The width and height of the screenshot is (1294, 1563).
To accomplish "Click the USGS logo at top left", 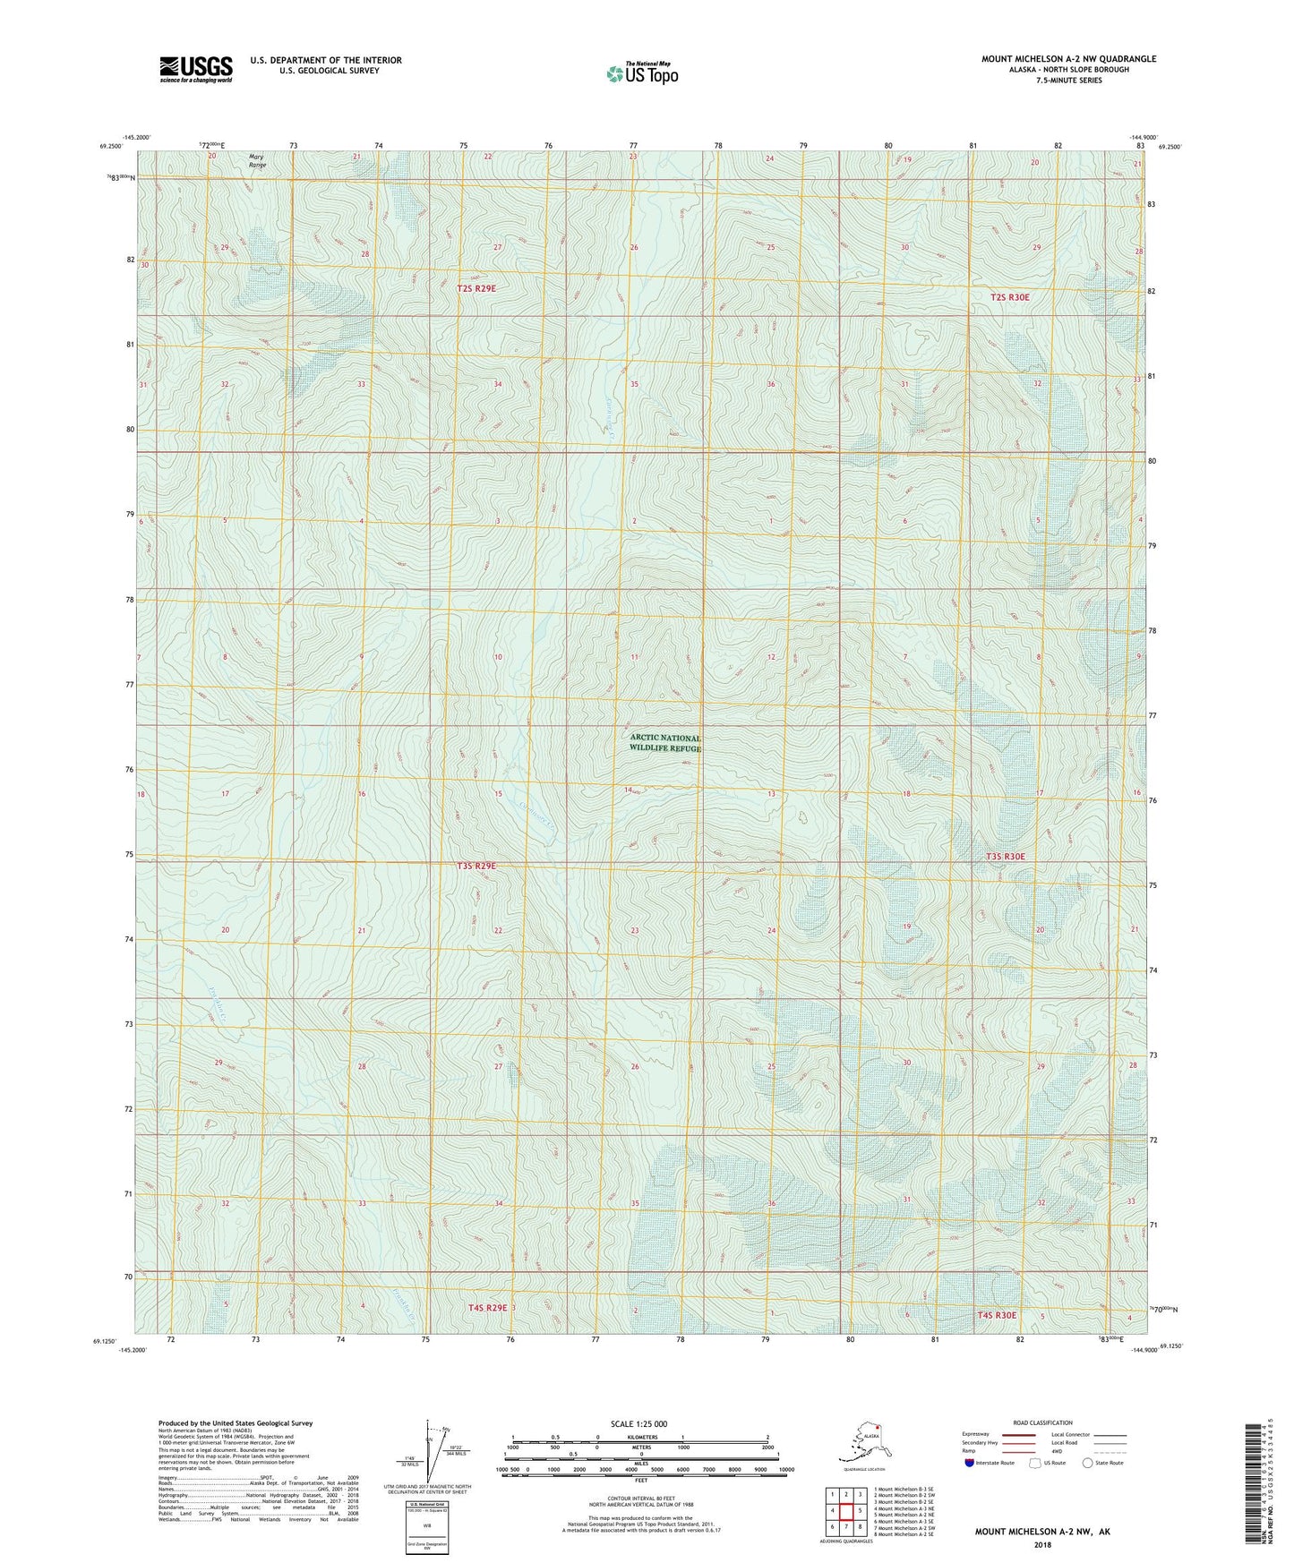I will point(195,69).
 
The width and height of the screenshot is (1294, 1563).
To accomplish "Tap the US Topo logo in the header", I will point(641,73).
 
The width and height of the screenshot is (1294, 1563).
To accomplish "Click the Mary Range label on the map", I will point(257,160).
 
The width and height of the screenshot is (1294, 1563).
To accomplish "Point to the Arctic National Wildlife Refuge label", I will point(664,743).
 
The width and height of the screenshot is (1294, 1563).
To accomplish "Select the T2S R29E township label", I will point(476,288).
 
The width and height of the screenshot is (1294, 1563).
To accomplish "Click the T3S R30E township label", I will point(1005,857).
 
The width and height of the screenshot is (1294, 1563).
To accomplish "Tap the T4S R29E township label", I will point(487,1308).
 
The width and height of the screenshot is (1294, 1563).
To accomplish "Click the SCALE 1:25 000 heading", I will point(638,1423).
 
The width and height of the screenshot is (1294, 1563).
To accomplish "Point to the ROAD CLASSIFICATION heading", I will point(1042,1422).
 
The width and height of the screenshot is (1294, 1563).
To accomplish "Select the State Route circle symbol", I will point(1087,1463).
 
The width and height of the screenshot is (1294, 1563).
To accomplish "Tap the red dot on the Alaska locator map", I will point(877,1428).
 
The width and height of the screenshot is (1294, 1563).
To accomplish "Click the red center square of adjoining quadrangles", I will point(845,1510).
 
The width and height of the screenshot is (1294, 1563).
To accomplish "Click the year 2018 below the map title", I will point(1041,1544).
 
